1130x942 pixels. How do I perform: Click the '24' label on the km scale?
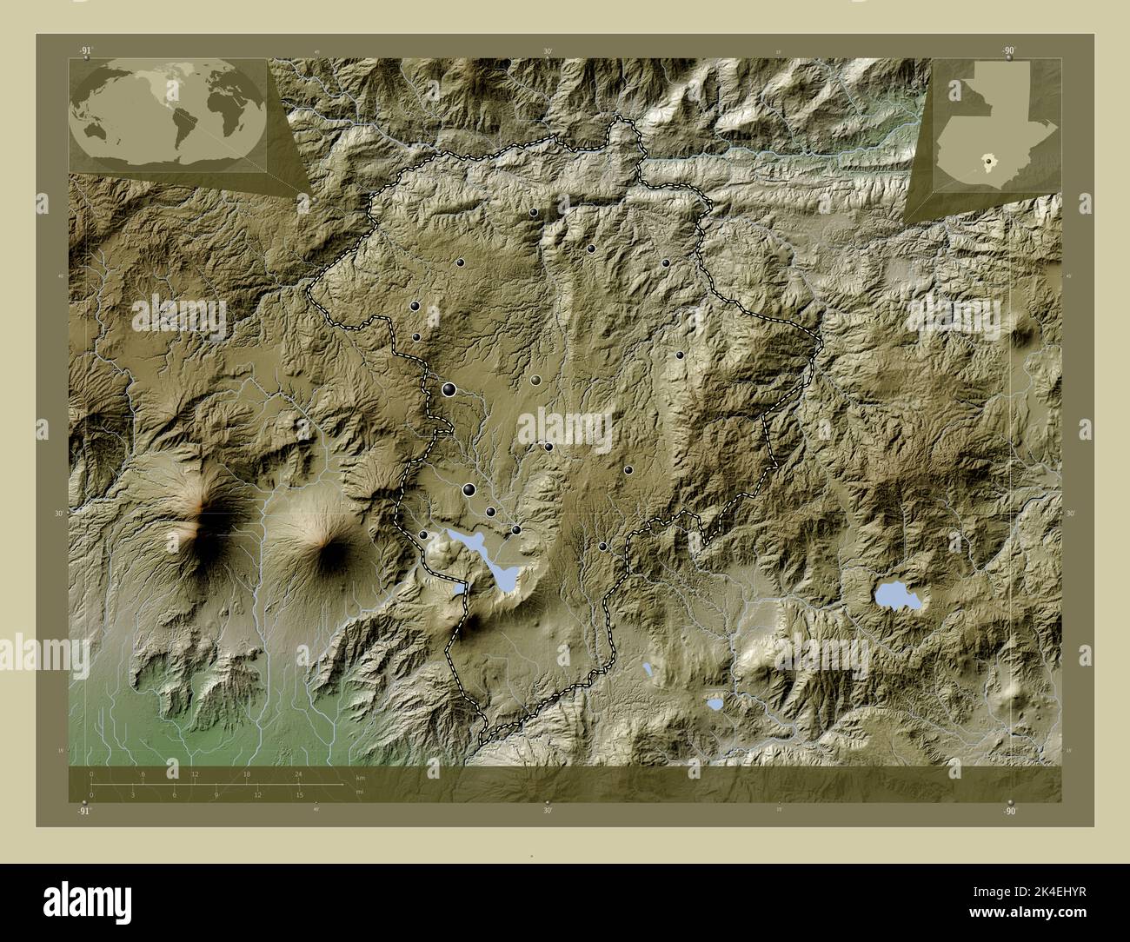pos(298,773)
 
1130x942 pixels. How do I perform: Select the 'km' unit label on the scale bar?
pos(361,776)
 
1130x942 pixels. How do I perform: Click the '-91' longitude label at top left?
pos(84,52)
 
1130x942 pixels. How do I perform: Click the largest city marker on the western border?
pos(449,390)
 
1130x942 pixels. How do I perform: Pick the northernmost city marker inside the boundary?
pos(533,212)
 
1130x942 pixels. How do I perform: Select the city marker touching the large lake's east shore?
pos(515,529)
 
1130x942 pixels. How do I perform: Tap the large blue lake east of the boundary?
pos(895,596)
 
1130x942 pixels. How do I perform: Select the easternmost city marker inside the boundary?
pos(680,355)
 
